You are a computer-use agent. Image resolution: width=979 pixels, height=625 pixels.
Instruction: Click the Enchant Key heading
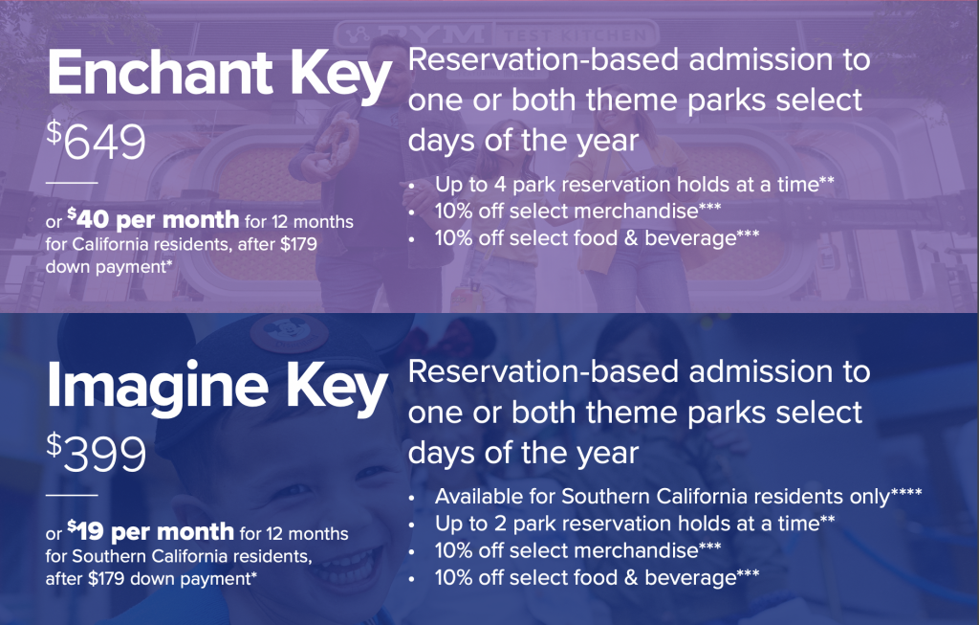(x=219, y=75)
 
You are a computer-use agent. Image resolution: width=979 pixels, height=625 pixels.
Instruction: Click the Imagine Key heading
(x=217, y=388)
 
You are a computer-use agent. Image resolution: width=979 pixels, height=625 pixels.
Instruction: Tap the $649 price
(x=97, y=140)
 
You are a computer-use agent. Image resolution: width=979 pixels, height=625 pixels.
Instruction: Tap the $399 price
(x=97, y=452)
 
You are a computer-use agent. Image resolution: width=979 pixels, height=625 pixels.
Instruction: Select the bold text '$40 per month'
(x=153, y=219)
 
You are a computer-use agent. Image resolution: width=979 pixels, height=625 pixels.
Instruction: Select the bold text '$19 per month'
(x=150, y=531)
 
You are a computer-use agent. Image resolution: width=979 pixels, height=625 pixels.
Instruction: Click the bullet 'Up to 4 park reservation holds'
(x=635, y=185)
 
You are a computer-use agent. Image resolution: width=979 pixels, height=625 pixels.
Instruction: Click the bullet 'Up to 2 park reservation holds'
(x=635, y=524)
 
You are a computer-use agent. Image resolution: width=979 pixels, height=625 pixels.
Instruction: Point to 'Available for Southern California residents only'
(x=678, y=496)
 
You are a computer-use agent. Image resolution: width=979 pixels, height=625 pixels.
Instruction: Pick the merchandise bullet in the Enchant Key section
(x=577, y=212)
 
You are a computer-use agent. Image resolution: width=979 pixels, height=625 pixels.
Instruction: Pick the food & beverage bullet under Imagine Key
(x=597, y=577)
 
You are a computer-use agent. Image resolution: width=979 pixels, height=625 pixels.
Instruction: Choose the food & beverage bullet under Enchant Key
(x=597, y=238)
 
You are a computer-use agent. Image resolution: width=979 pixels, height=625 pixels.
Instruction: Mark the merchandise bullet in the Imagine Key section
(x=577, y=550)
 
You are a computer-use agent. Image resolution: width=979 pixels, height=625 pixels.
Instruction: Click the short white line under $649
(x=72, y=183)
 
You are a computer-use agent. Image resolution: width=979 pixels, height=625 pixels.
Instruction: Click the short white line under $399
(x=72, y=495)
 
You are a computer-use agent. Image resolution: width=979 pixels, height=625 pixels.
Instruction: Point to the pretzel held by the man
(x=337, y=143)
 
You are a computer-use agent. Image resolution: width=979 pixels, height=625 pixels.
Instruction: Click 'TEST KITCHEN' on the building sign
(x=575, y=35)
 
